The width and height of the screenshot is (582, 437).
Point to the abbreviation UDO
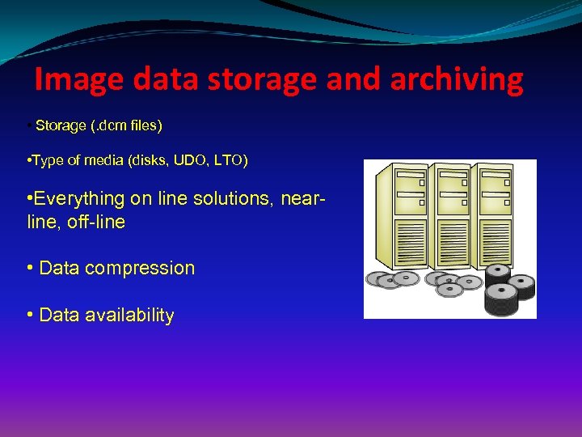[x=196, y=161]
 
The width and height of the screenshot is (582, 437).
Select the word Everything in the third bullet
[x=80, y=198]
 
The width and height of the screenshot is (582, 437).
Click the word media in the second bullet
[x=104, y=161]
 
